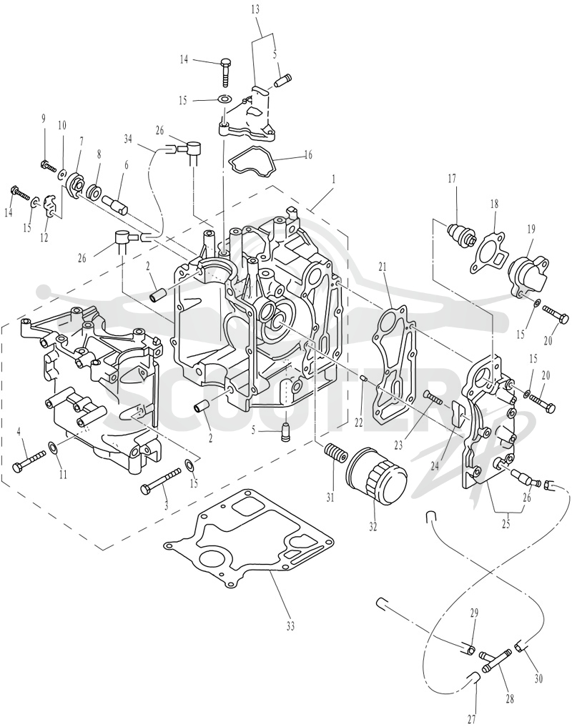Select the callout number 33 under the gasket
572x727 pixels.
[290, 627]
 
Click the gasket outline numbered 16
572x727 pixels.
[252, 162]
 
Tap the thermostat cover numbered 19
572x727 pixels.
[528, 276]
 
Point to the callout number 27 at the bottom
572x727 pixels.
[471, 718]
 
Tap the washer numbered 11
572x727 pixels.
[54, 447]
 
